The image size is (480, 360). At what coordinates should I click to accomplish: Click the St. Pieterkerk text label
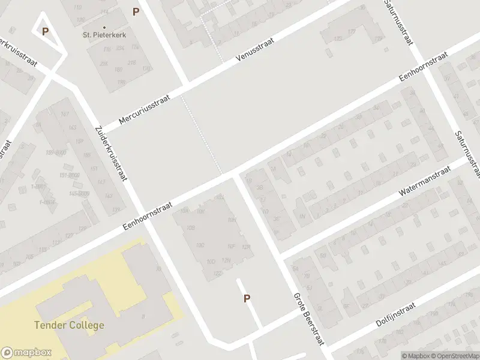104,35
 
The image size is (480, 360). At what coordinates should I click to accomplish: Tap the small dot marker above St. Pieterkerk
104,27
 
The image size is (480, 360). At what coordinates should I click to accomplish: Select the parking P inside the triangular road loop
45,31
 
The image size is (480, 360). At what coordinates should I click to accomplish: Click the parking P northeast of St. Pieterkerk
136,11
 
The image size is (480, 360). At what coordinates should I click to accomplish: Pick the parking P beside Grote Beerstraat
247,298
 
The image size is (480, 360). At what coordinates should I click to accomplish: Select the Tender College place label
70,325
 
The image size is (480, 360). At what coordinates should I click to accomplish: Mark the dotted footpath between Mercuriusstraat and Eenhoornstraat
200,132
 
